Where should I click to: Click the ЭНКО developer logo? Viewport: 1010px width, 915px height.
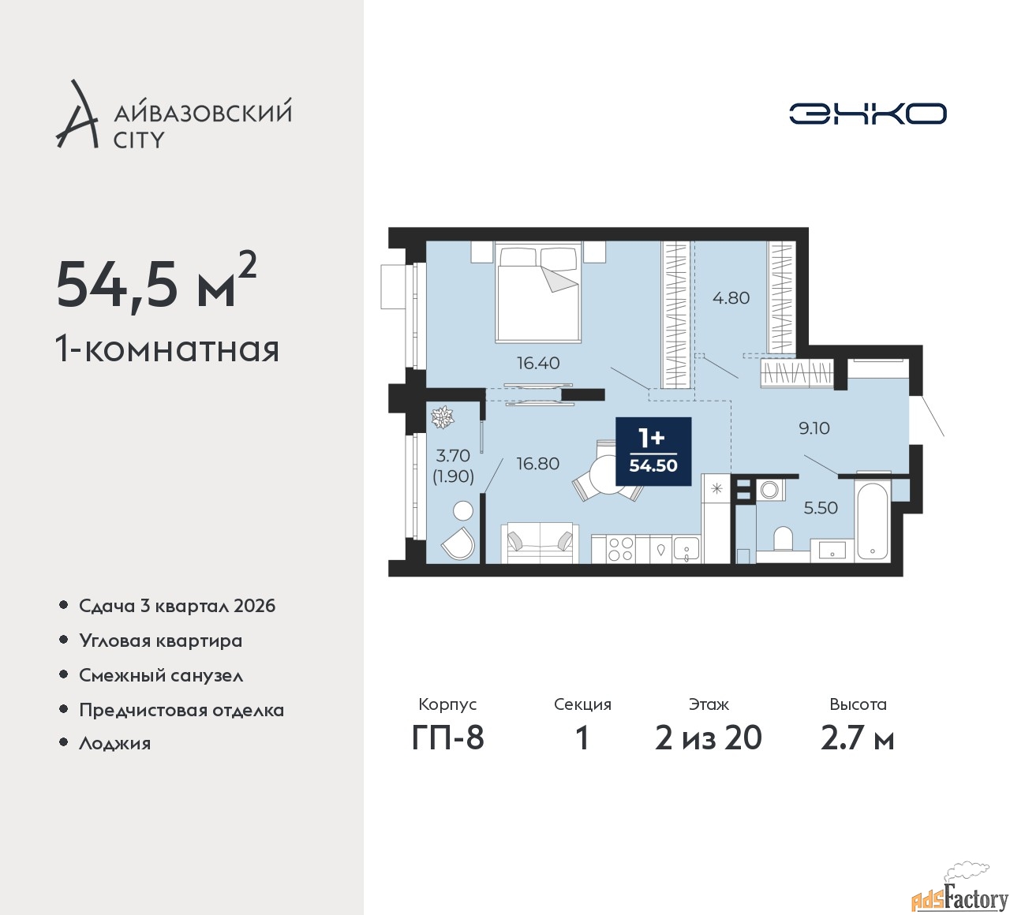(x=867, y=114)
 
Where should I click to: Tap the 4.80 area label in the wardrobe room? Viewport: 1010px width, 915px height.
(x=731, y=298)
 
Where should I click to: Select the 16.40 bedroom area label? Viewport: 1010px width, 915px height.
(x=538, y=362)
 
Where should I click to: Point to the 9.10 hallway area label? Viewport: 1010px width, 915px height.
(x=814, y=428)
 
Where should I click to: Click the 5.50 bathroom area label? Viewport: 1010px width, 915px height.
(x=821, y=507)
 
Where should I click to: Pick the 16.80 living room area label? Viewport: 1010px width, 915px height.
(x=537, y=463)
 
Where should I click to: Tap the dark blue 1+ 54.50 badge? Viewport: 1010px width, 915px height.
(x=653, y=451)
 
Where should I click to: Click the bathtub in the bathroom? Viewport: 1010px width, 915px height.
(x=873, y=521)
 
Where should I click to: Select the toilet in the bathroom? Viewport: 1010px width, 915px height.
(x=783, y=539)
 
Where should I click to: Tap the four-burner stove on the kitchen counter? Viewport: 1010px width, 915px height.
(x=620, y=548)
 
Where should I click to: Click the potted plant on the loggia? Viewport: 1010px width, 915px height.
(x=443, y=417)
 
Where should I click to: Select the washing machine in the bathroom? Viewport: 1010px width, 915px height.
(x=770, y=489)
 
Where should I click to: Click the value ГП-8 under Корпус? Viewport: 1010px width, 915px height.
(x=447, y=738)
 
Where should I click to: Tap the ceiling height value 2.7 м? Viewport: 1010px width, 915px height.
(x=858, y=739)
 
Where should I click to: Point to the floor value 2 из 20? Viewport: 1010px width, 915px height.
(x=709, y=738)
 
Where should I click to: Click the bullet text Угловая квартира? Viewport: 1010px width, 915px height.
(x=161, y=641)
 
